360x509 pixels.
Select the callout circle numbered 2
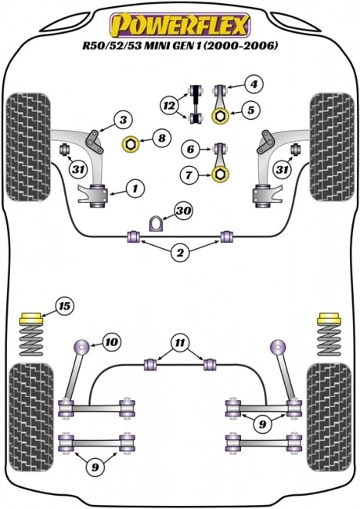181,252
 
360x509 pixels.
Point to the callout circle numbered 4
254,84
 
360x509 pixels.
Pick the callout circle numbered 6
190,148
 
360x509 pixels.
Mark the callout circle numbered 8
161,139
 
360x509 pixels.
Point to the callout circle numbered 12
168,105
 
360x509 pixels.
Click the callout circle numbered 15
63,305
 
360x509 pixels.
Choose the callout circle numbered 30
184,211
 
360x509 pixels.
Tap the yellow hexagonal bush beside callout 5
221,117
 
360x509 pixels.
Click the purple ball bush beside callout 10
81,345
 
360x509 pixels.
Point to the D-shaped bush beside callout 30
157,222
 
